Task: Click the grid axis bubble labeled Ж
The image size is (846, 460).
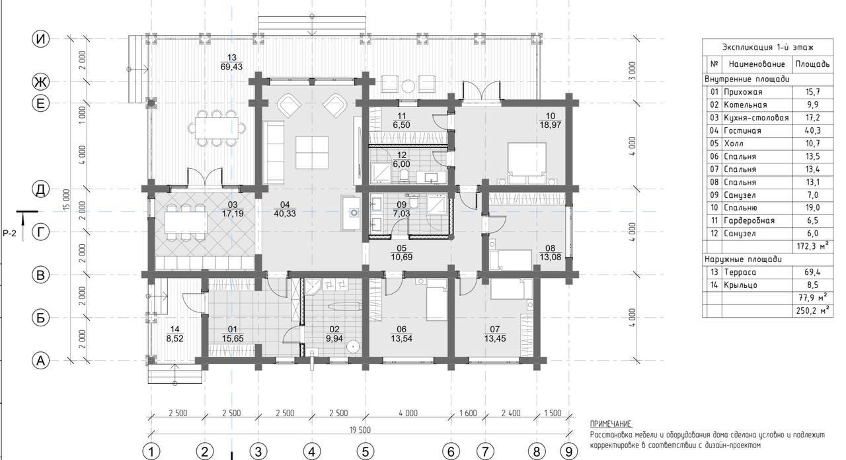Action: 40,81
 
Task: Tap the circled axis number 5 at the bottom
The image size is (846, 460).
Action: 365,451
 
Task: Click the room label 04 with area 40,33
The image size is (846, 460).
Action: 285,209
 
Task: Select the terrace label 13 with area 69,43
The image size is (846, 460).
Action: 231,62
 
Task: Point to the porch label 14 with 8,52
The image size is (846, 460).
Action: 175,334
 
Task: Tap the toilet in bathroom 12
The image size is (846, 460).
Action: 404,175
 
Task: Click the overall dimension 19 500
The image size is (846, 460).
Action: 360,430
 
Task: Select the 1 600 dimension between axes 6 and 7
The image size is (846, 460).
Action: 468,413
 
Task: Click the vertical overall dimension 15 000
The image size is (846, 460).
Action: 67,199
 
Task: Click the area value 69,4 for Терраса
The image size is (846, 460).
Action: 812,272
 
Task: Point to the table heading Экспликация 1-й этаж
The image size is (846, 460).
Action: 768,47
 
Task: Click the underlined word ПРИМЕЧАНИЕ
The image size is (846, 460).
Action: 610,424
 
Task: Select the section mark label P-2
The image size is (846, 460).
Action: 10,234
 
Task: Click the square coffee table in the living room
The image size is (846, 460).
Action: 312,153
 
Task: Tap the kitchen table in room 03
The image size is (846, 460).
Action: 186,222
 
